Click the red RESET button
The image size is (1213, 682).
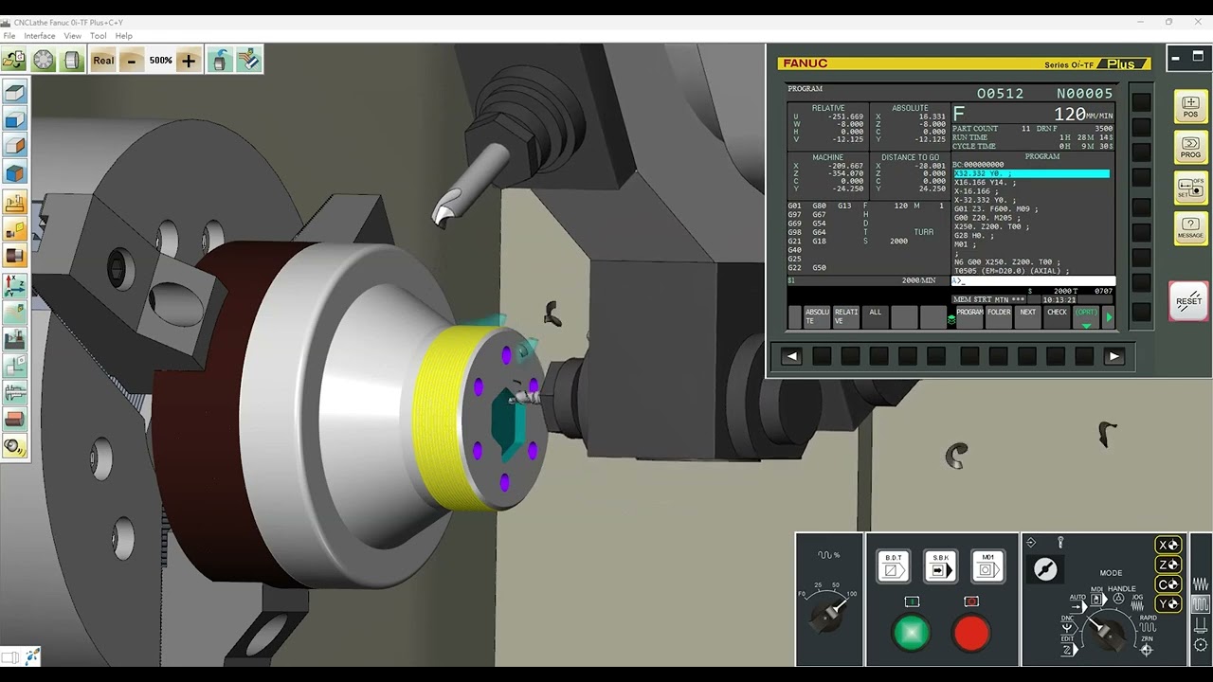point(1188,301)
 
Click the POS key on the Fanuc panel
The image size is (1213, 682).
point(1190,107)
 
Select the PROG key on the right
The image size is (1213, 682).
point(1190,148)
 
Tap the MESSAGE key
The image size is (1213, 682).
point(1190,228)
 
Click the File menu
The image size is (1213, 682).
point(9,36)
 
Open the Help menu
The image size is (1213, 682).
point(124,36)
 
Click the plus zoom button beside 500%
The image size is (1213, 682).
point(189,61)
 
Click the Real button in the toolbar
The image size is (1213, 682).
point(103,61)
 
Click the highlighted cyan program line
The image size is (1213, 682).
point(1031,174)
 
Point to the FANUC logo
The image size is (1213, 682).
point(804,63)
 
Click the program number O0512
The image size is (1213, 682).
point(1000,94)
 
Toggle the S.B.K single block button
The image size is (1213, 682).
point(940,566)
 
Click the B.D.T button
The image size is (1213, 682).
point(893,566)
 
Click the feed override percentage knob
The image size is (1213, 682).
point(827,615)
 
